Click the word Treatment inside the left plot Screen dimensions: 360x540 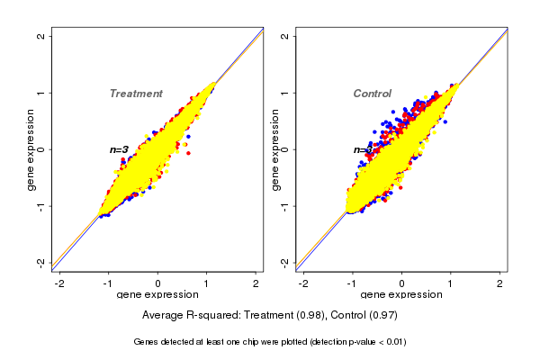[x=136, y=94]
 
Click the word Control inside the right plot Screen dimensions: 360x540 [x=372, y=94]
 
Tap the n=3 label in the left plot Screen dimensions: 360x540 [x=120, y=149]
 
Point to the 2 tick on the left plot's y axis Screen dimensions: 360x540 [x=41, y=36]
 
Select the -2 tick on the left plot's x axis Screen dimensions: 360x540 [x=60, y=283]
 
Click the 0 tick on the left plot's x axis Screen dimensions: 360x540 [x=158, y=283]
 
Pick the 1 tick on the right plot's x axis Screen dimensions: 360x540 [x=451, y=283]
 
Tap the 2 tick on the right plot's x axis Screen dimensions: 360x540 [x=500, y=283]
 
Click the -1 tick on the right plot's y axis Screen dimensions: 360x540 [x=284, y=205]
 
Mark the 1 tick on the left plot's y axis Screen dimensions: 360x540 [x=41, y=93]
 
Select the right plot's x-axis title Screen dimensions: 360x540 [x=401, y=295]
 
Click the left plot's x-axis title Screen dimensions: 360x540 [x=158, y=295]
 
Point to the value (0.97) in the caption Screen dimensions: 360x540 [x=382, y=315]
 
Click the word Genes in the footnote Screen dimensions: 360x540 [x=147, y=342]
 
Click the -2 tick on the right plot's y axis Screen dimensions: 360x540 [x=284, y=262]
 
